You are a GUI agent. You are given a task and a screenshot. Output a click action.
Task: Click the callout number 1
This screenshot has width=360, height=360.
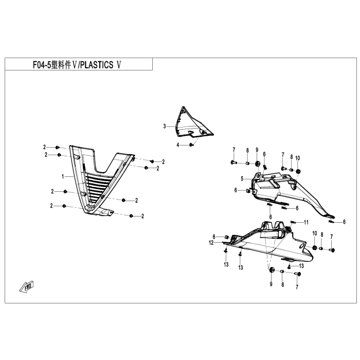click(x=63, y=176)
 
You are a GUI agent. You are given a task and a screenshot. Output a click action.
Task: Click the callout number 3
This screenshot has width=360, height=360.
click(x=165, y=126)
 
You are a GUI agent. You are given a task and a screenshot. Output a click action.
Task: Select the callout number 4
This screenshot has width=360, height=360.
click(x=178, y=146)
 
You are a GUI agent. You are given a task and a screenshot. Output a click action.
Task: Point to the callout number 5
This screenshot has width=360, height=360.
click(x=241, y=179)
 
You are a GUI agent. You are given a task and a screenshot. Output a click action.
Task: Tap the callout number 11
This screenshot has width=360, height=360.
click(x=306, y=222)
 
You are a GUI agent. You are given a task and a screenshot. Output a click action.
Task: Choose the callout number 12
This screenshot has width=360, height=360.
click(x=211, y=242)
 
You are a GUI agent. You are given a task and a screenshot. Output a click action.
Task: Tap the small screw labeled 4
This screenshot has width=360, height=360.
click(x=191, y=146)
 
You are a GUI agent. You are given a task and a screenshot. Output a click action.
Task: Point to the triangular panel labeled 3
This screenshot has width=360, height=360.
click(x=190, y=123)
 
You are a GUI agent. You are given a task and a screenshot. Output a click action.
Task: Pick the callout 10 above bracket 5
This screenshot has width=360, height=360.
click(x=297, y=157)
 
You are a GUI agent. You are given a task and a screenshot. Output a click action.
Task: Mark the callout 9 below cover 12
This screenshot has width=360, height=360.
click(x=271, y=284)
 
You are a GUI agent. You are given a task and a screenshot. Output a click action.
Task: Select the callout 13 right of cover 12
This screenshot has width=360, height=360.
click(x=240, y=268)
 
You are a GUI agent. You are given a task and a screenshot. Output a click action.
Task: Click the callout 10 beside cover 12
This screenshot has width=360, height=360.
click(x=314, y=234)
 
